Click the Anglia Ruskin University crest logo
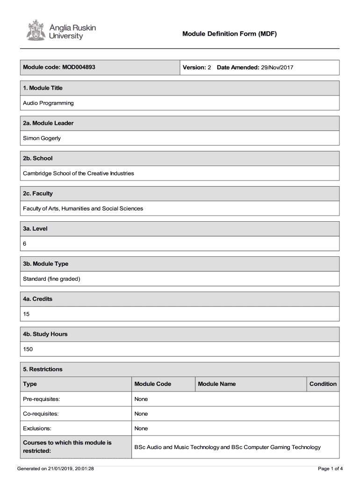tap(34, 30)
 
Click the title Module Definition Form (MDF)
tap(230, 34)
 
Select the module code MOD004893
tap(79, 67)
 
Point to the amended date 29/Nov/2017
tap(277, 68)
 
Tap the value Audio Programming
tap(48, 103)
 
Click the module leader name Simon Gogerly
tap(42, 138)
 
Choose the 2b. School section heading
tap(38, 158)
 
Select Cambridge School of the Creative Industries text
tap(79, 173)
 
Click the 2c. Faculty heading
tap(38, 193)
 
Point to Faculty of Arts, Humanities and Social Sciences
tap(83, 208)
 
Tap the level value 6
tap(25, 244)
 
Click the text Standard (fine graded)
tap(52, 279)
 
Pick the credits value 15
tap(26, 314)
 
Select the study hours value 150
tap(28, 349)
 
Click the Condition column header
tap(323, 384)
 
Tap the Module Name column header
tap(217, 384)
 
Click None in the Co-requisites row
tap(141, 414)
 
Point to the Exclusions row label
tap(37, 428)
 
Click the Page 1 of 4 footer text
tap(330, 468)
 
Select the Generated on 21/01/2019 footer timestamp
tap(55, 468)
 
